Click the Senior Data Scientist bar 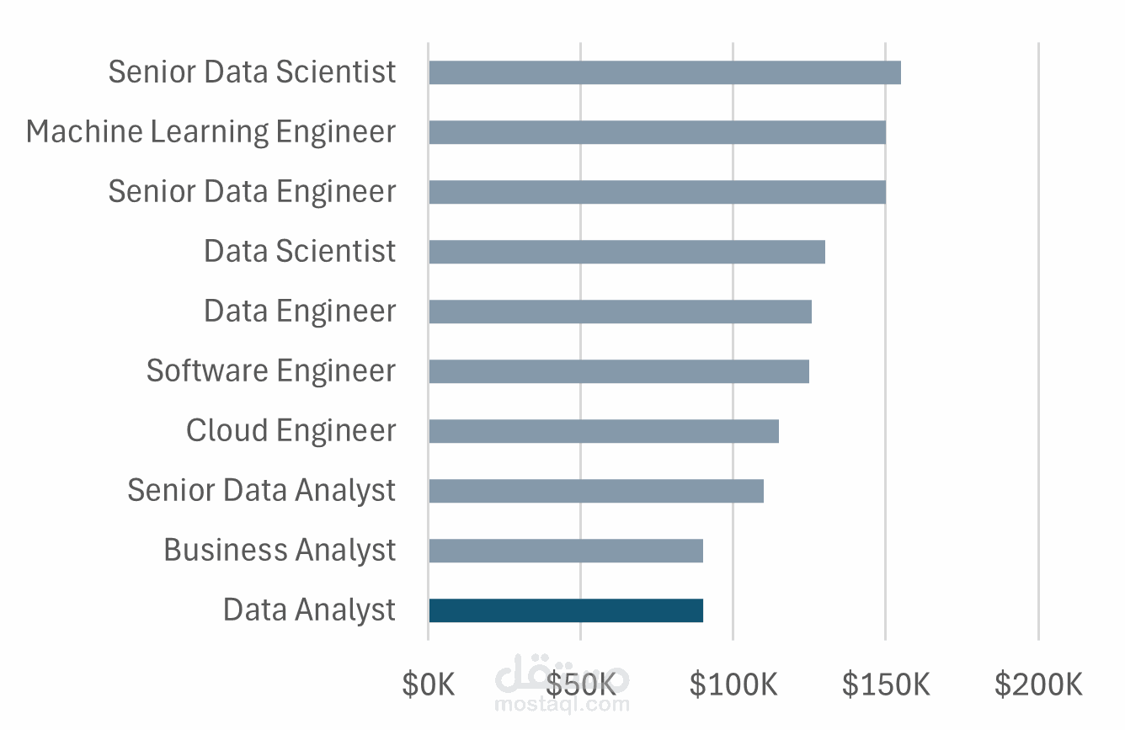click(664, 72)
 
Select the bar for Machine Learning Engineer click(657, 132)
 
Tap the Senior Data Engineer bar click(657, 192)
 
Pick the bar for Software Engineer click(619, 371)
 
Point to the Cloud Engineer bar click(604, 431)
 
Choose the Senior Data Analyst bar click(596, 491)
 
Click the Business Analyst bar click(566, 551)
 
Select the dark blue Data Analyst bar click(566, 610)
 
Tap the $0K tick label click(429, 685)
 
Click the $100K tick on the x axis click(733, 685)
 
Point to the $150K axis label click(886, 685)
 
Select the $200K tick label click(1038, 685)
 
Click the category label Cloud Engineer click(291, 430)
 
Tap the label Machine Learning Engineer click(211, 132)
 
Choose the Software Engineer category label click(271, 370)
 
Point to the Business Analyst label click(280, 550)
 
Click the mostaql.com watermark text click(562, 704)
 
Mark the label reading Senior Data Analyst click(261, 490)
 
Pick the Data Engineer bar click(621, 312)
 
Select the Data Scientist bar click(626, 252)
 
